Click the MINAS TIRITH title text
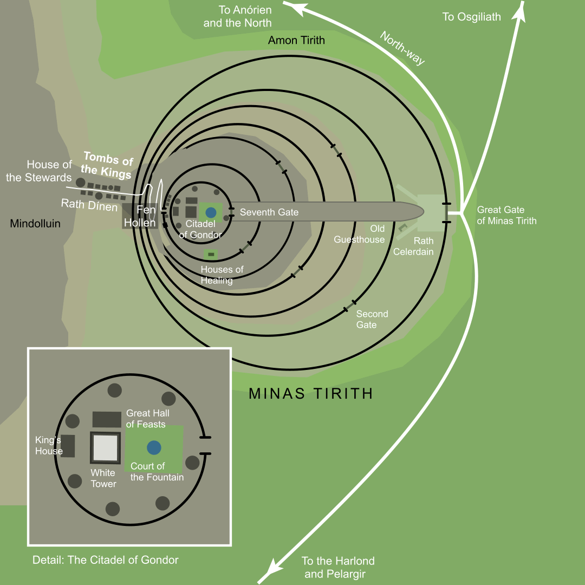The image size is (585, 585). [311, 393]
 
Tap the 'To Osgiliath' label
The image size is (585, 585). [471, 17]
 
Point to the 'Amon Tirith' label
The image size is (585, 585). [296, 41]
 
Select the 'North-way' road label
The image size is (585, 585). [402, 48]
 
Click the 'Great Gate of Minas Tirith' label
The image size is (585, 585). [506, 215]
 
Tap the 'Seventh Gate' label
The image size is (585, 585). [269, 212]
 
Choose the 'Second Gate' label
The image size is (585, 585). [372, 319]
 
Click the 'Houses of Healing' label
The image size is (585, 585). [222, 275]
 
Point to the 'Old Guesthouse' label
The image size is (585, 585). [359, 234]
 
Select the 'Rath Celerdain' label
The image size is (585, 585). [413, 246]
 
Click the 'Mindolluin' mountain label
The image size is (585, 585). [35, 223]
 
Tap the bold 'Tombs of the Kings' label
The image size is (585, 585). [108, 166]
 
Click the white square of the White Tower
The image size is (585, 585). [106, 447]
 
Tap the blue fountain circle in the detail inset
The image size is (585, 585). [154, 447]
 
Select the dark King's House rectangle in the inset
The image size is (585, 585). [68, 446]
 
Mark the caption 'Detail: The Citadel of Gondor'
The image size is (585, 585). [105, 560]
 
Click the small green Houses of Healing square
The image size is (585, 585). [211, 254]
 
